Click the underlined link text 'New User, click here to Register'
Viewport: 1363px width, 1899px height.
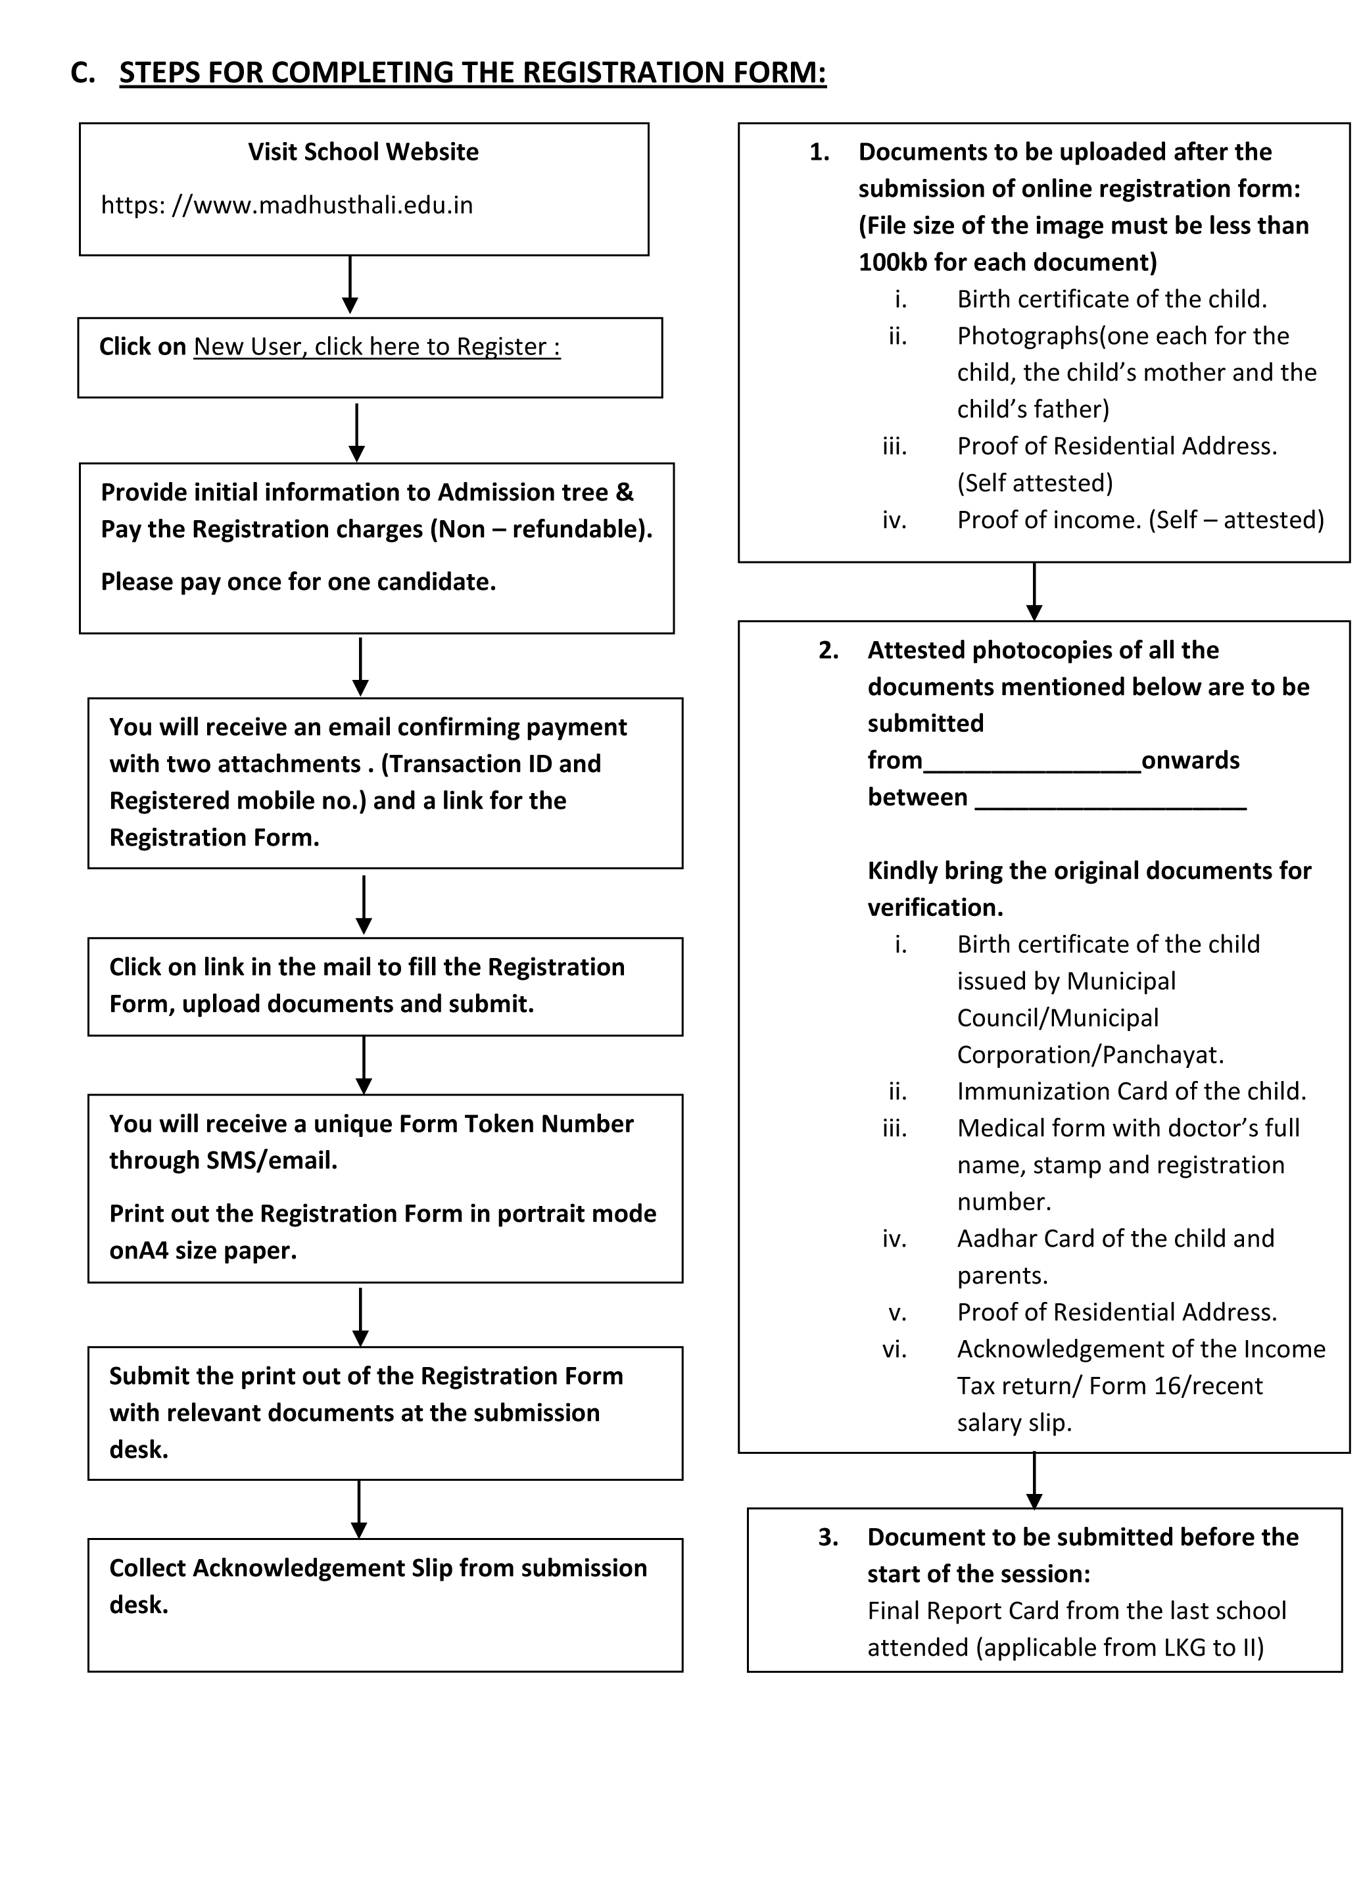tap(376, 347)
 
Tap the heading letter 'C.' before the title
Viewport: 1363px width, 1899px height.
tap(83, 73)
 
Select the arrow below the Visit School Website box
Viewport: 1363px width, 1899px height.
tap(350, 285)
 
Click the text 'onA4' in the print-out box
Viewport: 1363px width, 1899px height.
tap(138, 1251)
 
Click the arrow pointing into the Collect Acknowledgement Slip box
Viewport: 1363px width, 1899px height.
tap(358, 1509)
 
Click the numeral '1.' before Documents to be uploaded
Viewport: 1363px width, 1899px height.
tap(819, 153)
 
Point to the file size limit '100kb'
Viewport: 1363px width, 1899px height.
tap(894, 263)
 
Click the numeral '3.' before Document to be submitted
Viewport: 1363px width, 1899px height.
tap(828, 1537)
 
